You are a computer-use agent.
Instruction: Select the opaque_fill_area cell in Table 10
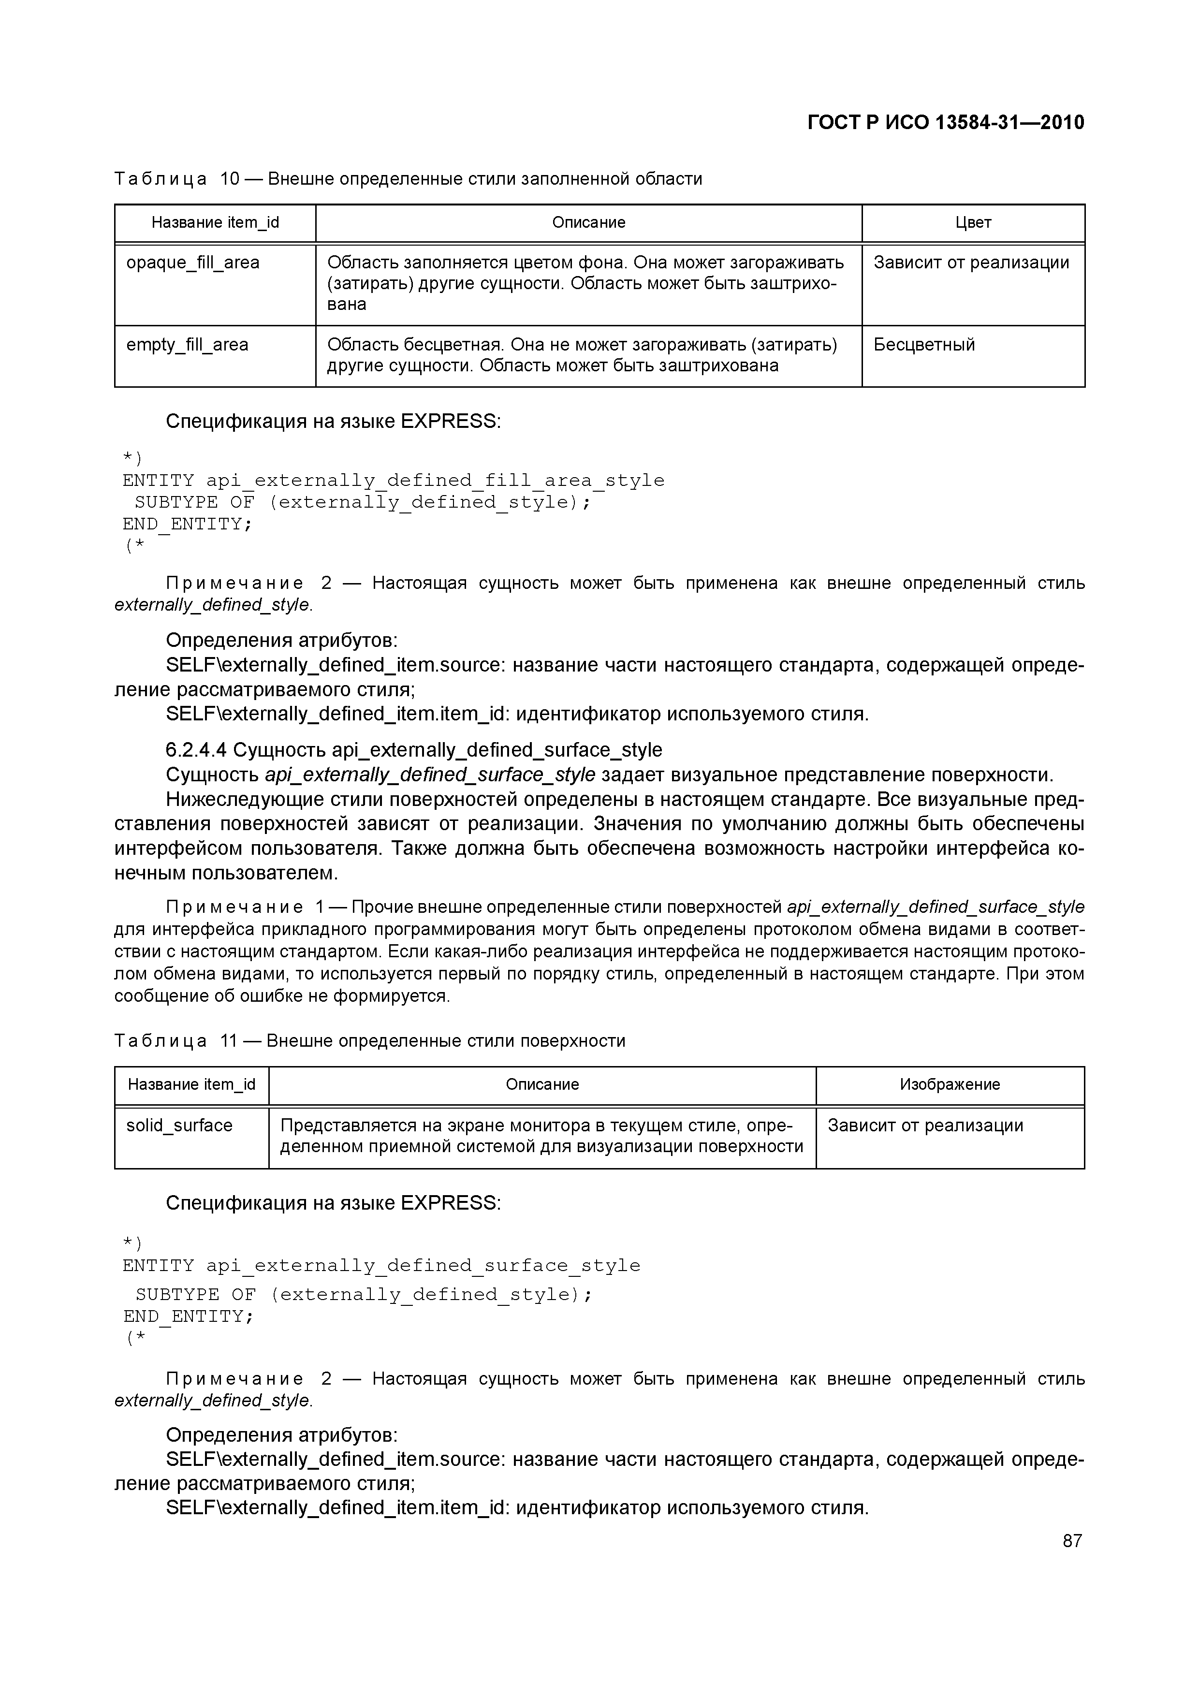click(193, 263)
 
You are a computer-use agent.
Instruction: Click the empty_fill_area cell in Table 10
click(187, 345)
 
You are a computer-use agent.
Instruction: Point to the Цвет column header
click(973, 222)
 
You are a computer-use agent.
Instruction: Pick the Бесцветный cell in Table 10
click(924, 345)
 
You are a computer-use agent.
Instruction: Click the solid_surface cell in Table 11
click(179, 1126)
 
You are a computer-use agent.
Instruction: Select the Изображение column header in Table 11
click(950, 1084)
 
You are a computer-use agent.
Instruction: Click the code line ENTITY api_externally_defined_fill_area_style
click(393, 481)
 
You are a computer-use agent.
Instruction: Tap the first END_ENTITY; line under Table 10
click(188, 525)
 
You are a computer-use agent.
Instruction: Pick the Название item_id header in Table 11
click(191, 1084)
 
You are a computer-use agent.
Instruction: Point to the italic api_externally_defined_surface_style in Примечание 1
click(935, 906)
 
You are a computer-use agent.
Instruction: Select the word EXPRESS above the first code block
click(450, 421)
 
